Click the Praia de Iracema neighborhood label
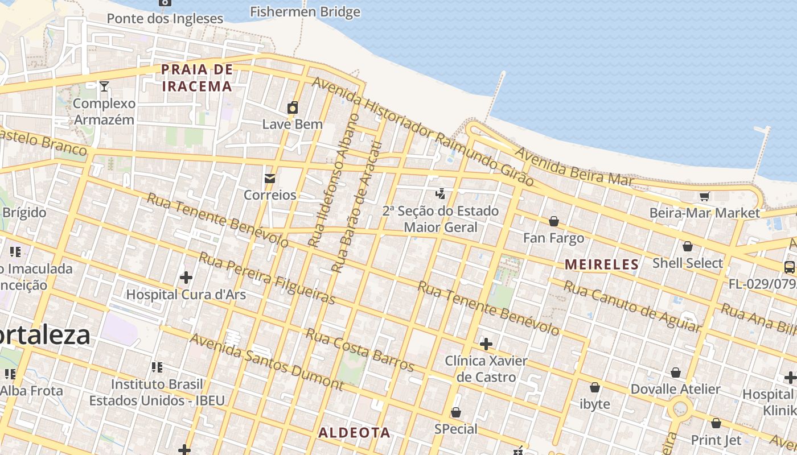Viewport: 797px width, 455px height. (x=197, y=78)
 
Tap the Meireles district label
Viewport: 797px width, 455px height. (x=602, y=264)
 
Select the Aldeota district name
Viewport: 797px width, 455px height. (x=354, y=432)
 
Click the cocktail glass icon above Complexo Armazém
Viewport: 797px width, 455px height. (x=104, y=86)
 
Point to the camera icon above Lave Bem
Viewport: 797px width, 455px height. (x=293, y=107)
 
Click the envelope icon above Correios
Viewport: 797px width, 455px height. (x=270, y=179)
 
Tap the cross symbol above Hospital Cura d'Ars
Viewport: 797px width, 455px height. (x=186, y=278)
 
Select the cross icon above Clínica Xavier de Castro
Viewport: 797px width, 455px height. (x=486, y=344)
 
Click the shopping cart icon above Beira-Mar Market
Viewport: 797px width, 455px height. (x=704, y=196)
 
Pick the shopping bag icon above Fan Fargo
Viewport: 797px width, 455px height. (x=553, y=221)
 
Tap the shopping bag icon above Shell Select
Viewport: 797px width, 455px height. (x=688, y=246)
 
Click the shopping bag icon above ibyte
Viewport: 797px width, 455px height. (x=595, y=387)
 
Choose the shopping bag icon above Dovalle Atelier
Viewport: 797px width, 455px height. (x=676, y=373)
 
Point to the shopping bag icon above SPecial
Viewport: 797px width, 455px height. (x=456, y=412)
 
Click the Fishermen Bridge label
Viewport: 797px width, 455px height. (x=305, y=11)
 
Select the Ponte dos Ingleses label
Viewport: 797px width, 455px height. (x=165, y=18)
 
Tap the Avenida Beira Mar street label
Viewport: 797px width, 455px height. (x=574, y=166)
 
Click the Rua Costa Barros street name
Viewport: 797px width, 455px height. (x=360, y=349)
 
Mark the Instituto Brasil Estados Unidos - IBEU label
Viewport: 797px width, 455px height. (x=157, y=392)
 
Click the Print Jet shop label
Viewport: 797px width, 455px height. (x=716, y=440)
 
